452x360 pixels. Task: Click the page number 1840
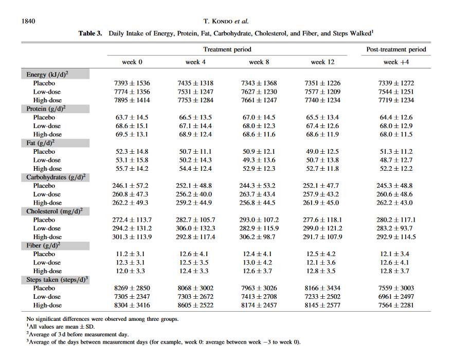pyautogui.click(x=28, y=21)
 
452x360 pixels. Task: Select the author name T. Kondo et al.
pyautogui.click(x=226, y=21)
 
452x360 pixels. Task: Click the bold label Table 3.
pyautogui.click(x=90, y=33)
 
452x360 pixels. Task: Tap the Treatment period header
pyautogui.click(x=227, y=49)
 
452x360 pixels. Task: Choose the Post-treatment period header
pyautogui.click(x=396, y=49)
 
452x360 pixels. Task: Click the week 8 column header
pyautogui.click(x=259, y=62)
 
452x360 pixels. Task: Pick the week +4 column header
pyautogui.click(x=396, y=62)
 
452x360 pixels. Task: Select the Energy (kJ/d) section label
pyautogui.click(x=47, y=75)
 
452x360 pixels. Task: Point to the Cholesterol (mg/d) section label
pyautogui.click(x=55, y=211)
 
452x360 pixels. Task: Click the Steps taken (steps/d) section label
pyautogui.click(x=57, y=280)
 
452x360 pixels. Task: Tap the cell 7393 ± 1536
pyautogui.click(x=132, y=83)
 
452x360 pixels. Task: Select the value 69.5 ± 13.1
pyautogui.click(x=132, y=134)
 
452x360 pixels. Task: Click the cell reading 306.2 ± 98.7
pyautogui.click(x=259, y=237)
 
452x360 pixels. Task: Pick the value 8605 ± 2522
pyautogui.click(x=195, y=305)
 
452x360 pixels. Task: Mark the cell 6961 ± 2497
pyautogui.click(x=396, y=297)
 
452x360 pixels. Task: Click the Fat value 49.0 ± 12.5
pyautogui.click(x=322, y=152)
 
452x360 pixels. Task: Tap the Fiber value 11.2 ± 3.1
pyautogui.click(x=130, y=254)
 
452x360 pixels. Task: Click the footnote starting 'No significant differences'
pyautogui.click(x=103, y=319)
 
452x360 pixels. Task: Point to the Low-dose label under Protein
pyautogui.click(x=47, y=126)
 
